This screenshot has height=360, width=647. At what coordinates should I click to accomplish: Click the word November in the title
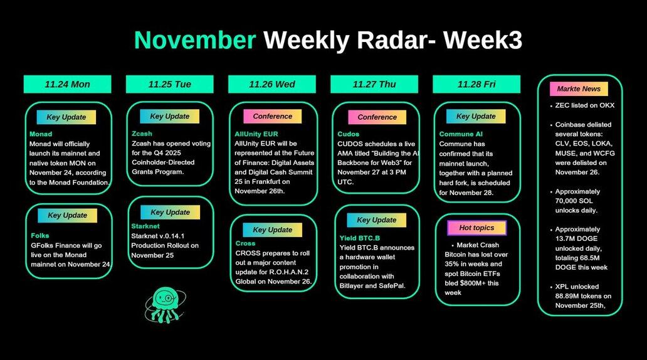coord(195,40)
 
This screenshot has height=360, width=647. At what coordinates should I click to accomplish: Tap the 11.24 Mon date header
coord(67,84)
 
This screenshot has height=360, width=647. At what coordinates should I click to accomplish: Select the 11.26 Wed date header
coord(272,84)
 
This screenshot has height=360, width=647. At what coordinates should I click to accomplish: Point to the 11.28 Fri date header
coord(476,84)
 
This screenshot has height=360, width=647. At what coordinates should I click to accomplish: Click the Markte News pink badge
coord(579,89)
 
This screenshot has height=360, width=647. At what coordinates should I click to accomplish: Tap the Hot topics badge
coord(476,228)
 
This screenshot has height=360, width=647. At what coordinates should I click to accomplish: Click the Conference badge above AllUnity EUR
coord(272,117)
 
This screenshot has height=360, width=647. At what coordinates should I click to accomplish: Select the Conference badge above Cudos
coord(377,117)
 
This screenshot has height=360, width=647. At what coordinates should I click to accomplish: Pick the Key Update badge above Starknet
coord(170,212)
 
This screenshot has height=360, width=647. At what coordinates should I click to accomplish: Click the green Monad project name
coord(41,134)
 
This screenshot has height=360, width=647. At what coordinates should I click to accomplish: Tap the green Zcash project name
coord(142,134)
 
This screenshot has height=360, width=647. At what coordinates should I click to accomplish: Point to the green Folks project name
coord(40,235)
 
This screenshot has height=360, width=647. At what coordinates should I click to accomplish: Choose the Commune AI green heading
coord(461,134)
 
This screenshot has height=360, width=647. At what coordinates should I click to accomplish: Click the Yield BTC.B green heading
coord(360,238)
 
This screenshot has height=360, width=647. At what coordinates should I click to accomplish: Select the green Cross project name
coord(246,243)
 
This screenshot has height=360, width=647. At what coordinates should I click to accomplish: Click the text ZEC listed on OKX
coord(585,105)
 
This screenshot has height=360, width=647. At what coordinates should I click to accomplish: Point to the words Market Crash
coord(478,245)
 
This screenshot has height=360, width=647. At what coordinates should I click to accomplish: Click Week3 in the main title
coord(483,40)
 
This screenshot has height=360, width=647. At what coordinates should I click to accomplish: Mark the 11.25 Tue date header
coord(170,84)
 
